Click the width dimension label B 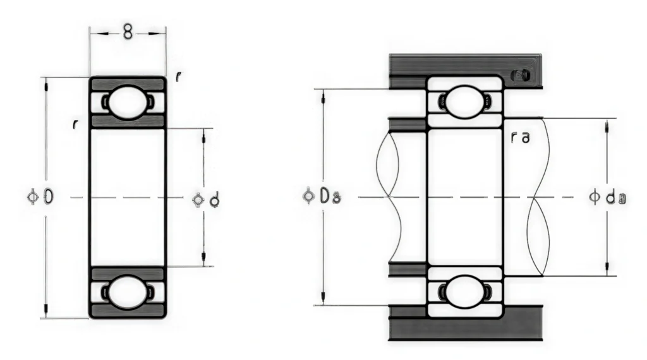128,33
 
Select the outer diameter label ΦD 45,198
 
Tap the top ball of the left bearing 127,102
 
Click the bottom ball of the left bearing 127,293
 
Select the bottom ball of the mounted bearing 465,291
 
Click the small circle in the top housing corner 523,75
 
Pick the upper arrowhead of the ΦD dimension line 46,82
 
